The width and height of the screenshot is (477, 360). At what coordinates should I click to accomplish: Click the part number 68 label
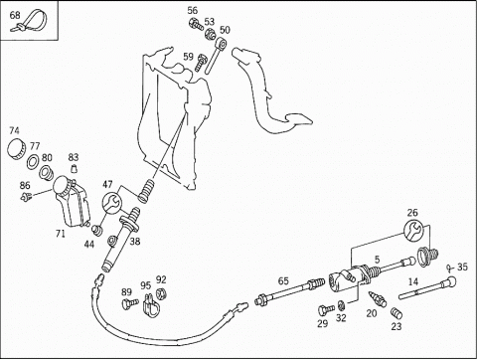coord(15,15)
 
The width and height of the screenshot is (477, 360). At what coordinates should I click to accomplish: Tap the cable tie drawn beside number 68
coord(33,21)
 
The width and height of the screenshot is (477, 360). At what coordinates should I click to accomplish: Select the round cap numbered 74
coord(16,149)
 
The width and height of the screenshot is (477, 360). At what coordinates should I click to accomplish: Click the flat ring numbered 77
coord(33,162)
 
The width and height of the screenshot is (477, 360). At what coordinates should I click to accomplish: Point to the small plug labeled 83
coord(75,168)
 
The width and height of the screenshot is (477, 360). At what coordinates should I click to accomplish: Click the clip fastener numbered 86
coord(25,197)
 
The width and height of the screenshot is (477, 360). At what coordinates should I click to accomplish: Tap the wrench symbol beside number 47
coord(111,203)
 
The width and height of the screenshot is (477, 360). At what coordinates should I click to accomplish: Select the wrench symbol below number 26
coord(413,230)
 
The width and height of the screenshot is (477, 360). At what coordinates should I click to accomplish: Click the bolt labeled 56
coord(196,25)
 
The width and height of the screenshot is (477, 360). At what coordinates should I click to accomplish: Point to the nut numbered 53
coord(210,34)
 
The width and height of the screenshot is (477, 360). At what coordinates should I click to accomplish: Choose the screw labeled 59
coord(202,63)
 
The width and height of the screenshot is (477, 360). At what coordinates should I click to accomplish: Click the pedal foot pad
coord(298,119)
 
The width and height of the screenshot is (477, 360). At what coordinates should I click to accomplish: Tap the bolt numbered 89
coord(130,303)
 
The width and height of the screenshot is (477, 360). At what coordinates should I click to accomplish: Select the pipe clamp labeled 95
coord(151,304)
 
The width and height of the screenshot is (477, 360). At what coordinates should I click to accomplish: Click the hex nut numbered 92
coord(161,292)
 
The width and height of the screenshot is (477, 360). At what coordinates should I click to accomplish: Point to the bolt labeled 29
coord(326,310)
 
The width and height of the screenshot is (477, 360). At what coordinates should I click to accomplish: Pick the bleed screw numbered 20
coord(378,298)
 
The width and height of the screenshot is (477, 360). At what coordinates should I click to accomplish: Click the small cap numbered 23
coord(397,312)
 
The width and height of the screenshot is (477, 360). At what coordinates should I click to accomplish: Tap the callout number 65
coord(283,281)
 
